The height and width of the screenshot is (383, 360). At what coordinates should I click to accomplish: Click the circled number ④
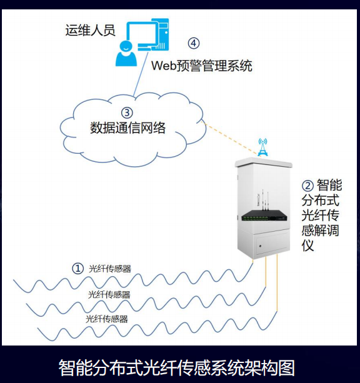(x=194, y=43)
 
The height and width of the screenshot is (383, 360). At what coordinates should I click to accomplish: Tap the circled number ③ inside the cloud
(x=127, y=112)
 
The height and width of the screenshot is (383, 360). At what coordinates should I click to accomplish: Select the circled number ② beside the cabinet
(x=307, y=186)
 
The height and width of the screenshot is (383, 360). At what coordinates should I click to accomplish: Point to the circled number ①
(x=78, y=268)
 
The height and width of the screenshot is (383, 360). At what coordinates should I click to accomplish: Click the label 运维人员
(x=90, y=30)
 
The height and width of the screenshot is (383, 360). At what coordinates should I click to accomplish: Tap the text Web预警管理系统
(x=202, y=66)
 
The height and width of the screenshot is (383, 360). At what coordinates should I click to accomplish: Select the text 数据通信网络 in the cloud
(x=128, y=127)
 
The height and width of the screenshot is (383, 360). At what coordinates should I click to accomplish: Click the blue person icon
(x=126, y=54)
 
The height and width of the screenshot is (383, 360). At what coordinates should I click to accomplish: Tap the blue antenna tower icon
(x=262, y=147)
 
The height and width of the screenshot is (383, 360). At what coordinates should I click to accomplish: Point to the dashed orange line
(x=230, y=138)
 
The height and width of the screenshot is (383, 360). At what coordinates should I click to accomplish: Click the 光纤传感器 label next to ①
(x=110, y=269)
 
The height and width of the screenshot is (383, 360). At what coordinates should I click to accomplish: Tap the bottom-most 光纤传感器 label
(x=107, y=319)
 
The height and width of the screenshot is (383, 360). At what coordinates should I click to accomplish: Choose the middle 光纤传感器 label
(x=109, y=295)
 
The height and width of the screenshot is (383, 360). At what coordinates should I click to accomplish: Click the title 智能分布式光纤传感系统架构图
(x=176, y=367)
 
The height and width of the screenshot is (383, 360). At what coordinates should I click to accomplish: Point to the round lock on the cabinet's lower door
(x=260, y=246)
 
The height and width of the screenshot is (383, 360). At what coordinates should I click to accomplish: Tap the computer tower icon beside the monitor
(x=162, y=34)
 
